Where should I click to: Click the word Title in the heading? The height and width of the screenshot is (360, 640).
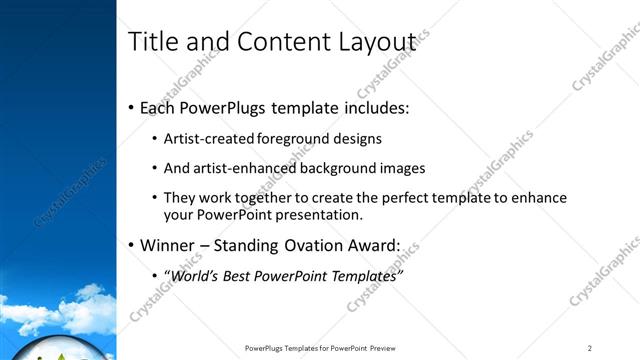click(152, 42)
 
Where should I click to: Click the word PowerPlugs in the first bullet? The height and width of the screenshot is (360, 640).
click(221, 107)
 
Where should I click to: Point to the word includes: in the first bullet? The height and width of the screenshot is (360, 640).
click(373, 107)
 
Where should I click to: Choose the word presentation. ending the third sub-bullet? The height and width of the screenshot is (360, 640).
click(316, 215)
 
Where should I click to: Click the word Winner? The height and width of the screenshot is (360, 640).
click(168, 245)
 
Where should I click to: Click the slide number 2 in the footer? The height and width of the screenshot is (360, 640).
click(590, 348)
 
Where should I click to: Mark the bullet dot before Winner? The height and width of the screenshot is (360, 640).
click(131, 245)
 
